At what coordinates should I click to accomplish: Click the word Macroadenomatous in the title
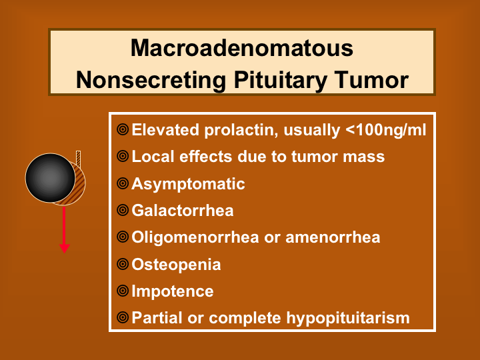(x=242, y=48)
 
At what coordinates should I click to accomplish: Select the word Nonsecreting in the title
(x=151, y=80)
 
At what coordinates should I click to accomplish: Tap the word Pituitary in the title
(x=280, y=80)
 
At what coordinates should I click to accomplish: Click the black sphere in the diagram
(x=51, y=178)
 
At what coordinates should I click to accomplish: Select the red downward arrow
(x=64, y=230)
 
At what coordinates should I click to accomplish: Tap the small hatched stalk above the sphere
(x=79, y=159)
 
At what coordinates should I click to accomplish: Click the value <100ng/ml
(x=386, y=130)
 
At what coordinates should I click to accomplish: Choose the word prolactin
(x=241, y=131)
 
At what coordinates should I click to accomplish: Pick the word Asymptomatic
(x=188, y=184)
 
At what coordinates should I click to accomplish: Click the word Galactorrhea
(x=183, y=211)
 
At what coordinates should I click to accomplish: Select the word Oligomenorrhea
(x=195, y=238)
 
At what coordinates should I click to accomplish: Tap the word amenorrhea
(x=333, y=237)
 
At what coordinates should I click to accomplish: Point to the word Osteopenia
(x=176, y=265)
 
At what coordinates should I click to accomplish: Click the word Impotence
(x=173, y=291)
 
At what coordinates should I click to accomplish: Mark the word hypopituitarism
(x=348, y=318)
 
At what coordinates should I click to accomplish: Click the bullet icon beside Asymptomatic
(x=123, y=184)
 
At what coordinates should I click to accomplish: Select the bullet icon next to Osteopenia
(x=123, y=264)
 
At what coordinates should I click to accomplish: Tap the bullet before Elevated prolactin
(x=123, y=129)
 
